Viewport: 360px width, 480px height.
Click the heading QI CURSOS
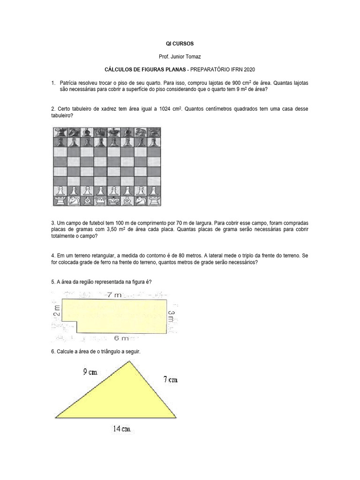click(180, 43)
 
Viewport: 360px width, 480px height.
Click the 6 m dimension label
click(121, 338)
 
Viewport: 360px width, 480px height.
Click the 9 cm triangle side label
click(91, 373)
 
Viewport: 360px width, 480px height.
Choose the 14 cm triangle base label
click(122, 428)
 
